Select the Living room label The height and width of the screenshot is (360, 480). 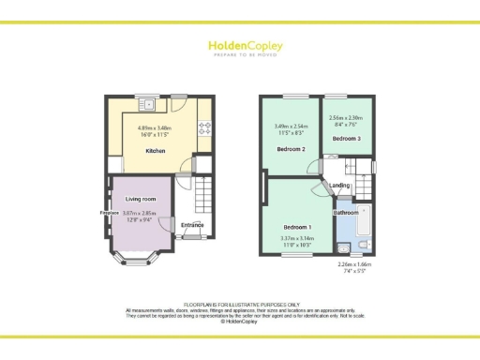click(140, 199)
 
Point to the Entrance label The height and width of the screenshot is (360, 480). click(193, 224)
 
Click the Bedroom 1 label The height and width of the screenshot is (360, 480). click(298, 227)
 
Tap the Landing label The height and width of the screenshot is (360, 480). click(340, 185)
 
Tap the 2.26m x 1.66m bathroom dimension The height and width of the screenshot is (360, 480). click(356, 263)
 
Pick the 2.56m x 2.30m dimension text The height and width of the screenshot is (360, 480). click(345, 117)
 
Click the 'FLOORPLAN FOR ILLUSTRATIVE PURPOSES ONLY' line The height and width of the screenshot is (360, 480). click(240, 305)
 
